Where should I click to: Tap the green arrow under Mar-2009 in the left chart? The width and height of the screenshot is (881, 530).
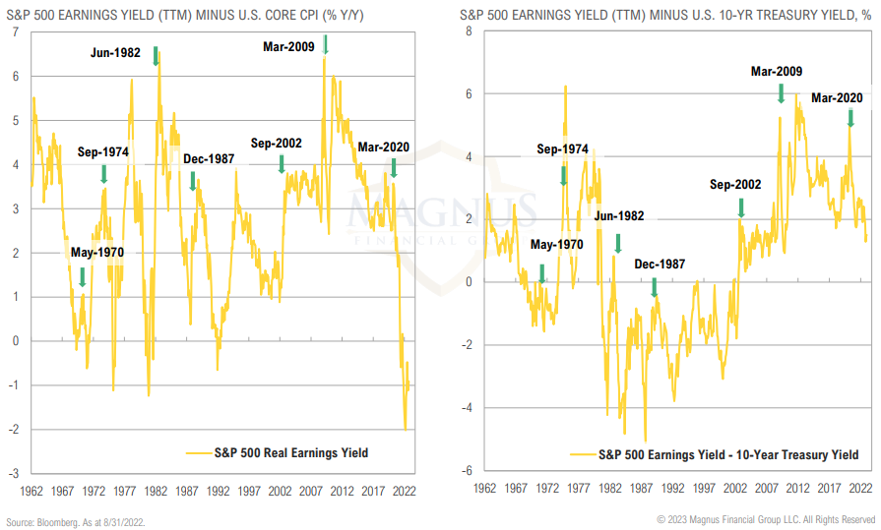click(326, 44)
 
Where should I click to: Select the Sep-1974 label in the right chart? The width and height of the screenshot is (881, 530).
click(562, 149)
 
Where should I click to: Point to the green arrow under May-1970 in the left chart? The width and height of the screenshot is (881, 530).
click(83, 277)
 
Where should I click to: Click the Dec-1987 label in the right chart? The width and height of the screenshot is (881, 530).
click(660, 264)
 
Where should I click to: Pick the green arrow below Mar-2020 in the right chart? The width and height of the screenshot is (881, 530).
click(850, 117)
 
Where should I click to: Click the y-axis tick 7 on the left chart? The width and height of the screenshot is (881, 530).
click(15, 32)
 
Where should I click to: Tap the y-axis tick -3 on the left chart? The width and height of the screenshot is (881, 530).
click(13, 473)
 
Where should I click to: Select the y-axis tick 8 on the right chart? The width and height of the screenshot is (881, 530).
click(469, 31)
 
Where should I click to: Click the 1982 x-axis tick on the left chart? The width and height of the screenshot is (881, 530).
click(155, 489)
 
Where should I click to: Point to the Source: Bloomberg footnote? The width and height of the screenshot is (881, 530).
click(75, 520)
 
